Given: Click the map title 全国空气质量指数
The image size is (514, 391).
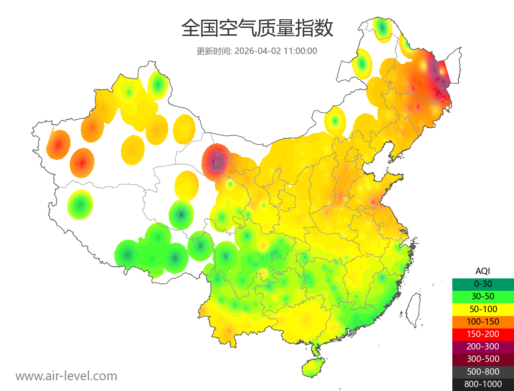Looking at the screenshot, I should pyautogui.click(x=257, y=28).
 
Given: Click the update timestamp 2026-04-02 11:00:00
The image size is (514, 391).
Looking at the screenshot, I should pyautogui.click(x=276, y=51).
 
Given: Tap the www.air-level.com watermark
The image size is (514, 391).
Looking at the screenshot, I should pyautogui.click(x=66, y=376).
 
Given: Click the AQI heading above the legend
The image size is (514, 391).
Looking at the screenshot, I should pyautogui.click(x=483, y=271).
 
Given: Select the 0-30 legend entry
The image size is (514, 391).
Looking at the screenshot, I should pyautogui.click(x=483, y=284).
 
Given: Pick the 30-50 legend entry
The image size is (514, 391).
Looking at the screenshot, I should pyautogui.click(x=483, y=296).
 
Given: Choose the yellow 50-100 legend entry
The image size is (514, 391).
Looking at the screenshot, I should pyautogui.click(x=483, y=309).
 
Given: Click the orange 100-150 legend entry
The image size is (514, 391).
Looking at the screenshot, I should pyautogui.click(x=483, y=321).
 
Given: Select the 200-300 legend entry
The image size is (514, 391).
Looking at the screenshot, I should pyautogui.click(x=483, y=346).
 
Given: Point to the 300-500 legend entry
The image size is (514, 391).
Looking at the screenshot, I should pyautogui.click(x=483, y=359).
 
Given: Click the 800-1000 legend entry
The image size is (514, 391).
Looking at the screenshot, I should pyautogui.click(x=483, y=384).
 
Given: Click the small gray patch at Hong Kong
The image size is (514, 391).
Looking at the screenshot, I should pyautogui.click(x=353, y=332).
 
